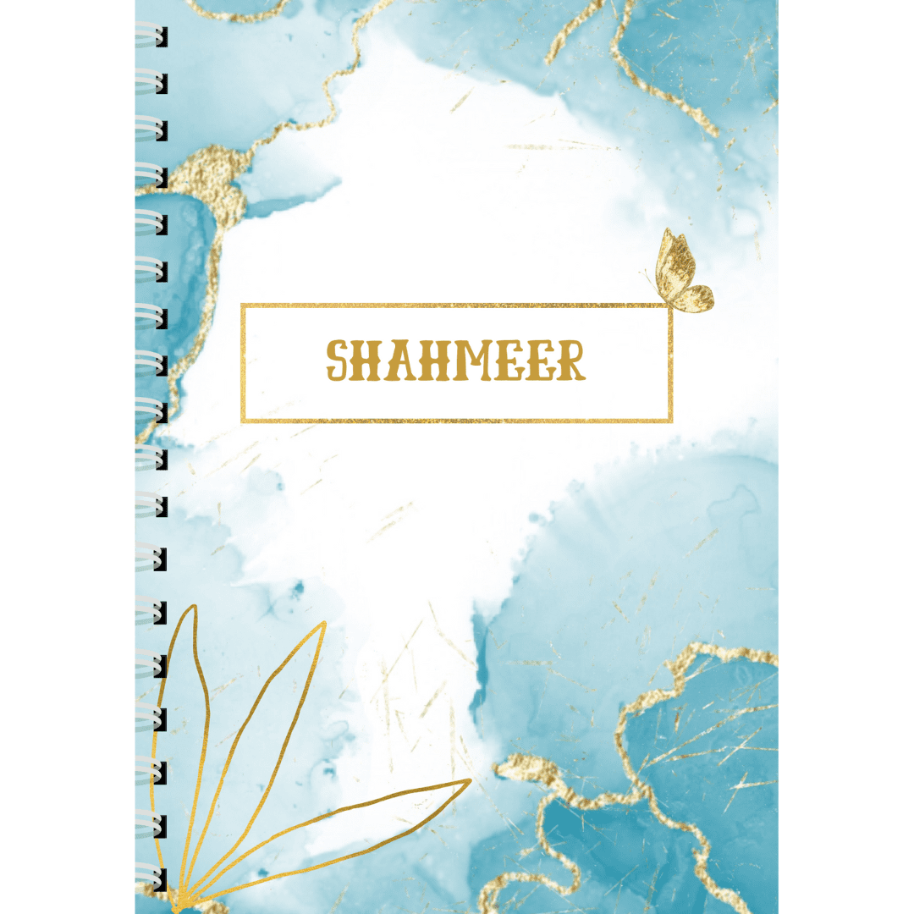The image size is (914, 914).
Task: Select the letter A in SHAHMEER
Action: tap(405, 361)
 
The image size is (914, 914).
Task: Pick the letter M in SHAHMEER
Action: tap(477, 361)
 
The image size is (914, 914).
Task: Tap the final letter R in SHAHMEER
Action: tap(569, 361)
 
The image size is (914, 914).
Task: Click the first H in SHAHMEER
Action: tap(372, 361)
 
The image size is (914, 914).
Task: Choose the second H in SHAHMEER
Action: tap(438, 361)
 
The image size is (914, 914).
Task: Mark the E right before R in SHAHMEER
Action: tap(541, 361)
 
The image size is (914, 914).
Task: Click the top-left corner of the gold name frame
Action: tap(243, 306)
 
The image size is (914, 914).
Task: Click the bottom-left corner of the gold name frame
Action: tap(243, 420)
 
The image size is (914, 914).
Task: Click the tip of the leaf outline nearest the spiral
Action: tap(194, 607)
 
